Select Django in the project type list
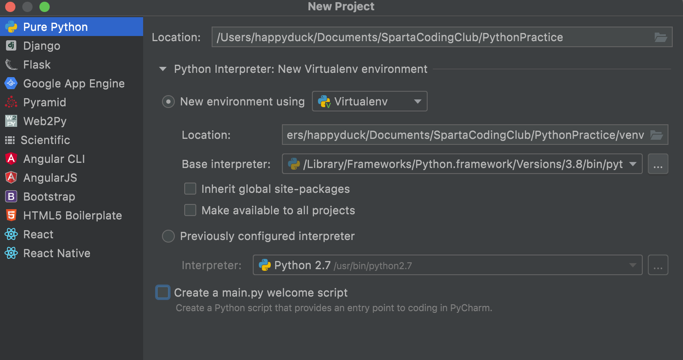(42, 46)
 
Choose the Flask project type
(37, 65)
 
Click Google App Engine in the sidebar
(74, 84)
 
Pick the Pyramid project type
(45, 102)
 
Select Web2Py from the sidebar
(45, 121)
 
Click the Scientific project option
(45, 140)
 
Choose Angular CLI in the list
(54, 159)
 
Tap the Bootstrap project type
(49, 197)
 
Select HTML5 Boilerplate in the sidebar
(72, 216)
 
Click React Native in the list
(57, 253)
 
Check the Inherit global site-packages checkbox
(190, 189)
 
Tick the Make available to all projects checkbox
(190, 210)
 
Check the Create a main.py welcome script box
(163, 293)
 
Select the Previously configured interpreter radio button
(168, 236)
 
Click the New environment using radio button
(168, 102)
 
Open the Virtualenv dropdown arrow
(417, 102)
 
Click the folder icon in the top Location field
(661, 37)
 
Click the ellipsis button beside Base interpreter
(658, 164)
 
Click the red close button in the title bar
(10, 7)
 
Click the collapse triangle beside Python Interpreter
(163, 69)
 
